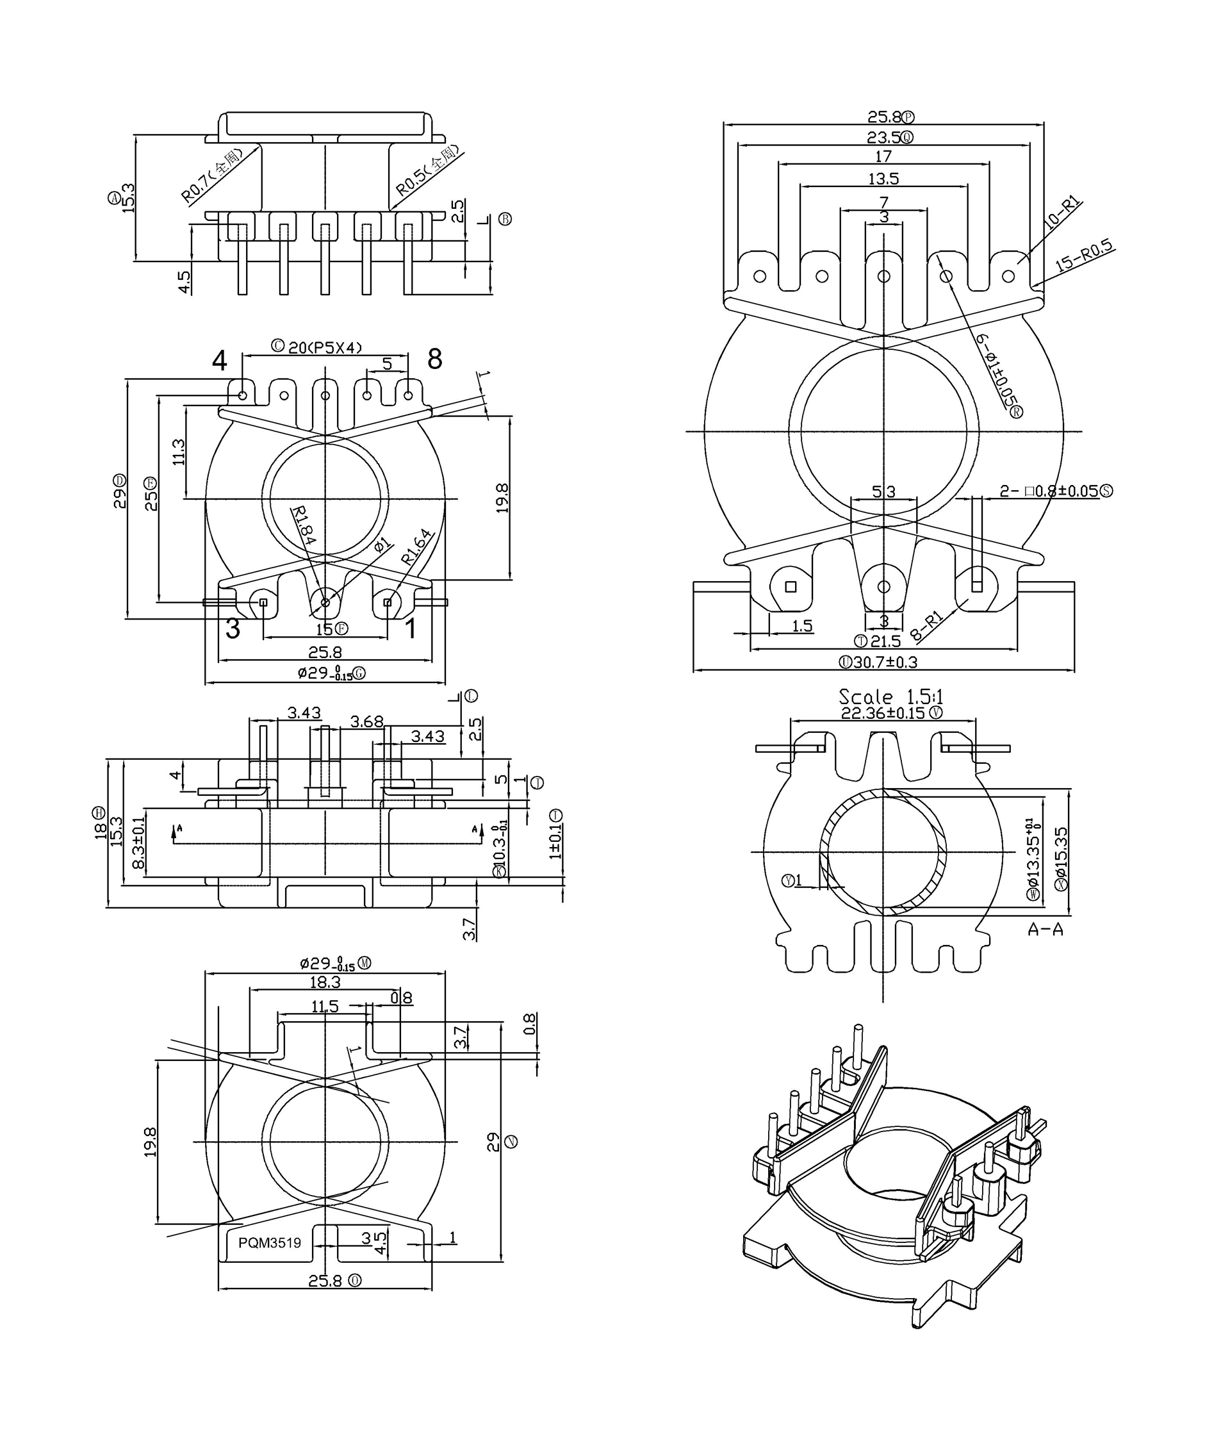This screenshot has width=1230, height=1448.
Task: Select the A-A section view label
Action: (1044, 929)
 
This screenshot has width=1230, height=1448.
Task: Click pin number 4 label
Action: (219, 361)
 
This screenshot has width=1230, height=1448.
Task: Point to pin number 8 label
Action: (434, 359)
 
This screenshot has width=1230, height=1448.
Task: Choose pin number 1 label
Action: (411, 629)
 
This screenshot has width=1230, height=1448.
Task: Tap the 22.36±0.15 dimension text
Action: (883, 713)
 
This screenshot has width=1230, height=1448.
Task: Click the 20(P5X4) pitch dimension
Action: (325, 347)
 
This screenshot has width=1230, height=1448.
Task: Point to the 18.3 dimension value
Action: (325, 982)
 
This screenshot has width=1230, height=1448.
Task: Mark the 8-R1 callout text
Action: (928, 626)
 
